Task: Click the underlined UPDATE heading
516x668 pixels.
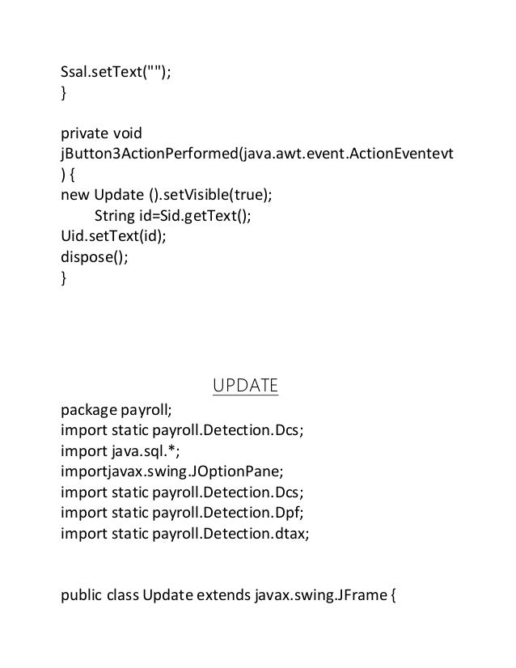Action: (245, 385)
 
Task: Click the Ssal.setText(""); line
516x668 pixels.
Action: (116, 74)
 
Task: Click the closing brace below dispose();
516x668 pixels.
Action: (65, 280)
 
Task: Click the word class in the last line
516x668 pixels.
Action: (121, 598)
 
